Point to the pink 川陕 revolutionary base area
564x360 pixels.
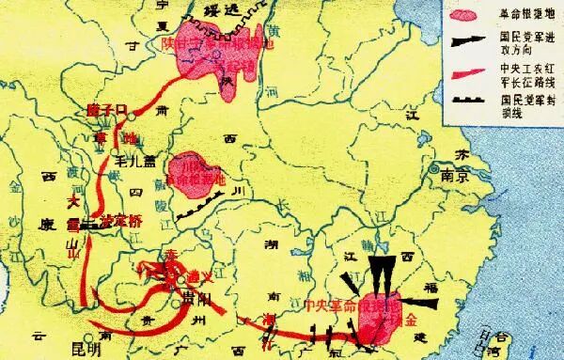(195, 175)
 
